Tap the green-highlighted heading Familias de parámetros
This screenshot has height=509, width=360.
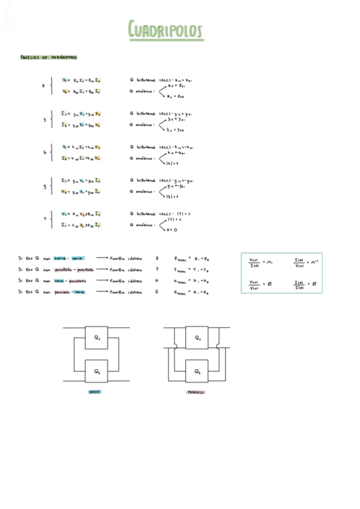click(48, 58)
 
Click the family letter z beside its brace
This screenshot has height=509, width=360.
click(43, 86)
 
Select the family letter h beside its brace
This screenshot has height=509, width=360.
click(44, 152)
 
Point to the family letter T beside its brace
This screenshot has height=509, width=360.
click(44, 219)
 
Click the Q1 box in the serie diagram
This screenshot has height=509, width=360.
click(96, 337)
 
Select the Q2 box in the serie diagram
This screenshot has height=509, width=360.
click(96, 371)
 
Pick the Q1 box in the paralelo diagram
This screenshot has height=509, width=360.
click(197, 337)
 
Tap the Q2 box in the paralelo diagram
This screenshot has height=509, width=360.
click(197, 371)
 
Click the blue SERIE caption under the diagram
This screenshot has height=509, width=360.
click(95, 391)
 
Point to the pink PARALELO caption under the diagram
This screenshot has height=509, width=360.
click(196, 392)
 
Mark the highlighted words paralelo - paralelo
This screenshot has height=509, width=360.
click(70, 269)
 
